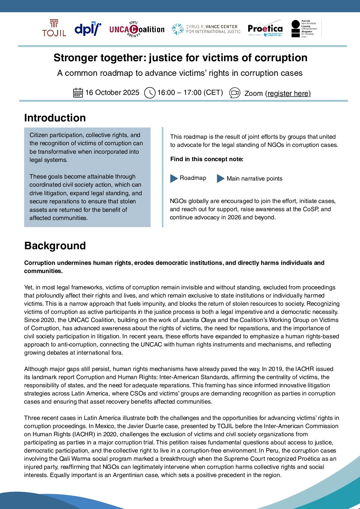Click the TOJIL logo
click(x=54, y=28)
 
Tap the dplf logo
click(x=88, y=29)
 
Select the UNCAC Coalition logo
click(x=137, y=29)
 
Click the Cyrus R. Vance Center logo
click(x=206, y=29)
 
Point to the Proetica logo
click(x=265, y=29)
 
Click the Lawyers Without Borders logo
click(x=304, y=29)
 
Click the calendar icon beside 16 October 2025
click(x=78, y=92)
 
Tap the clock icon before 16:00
click(x=150, y=93)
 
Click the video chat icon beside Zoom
click(x=235, y=93)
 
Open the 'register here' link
click(x=289, y=94)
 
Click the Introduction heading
click(x=55, y=118)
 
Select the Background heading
click(x=55, y=246)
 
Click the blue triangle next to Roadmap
click(x=174, y=178)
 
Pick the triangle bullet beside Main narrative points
click(x=221, y=178)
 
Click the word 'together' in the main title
click(x=125, y=58)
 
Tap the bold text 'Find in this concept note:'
click(x=207, y=159)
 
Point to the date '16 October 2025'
click(x=112, y=92)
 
